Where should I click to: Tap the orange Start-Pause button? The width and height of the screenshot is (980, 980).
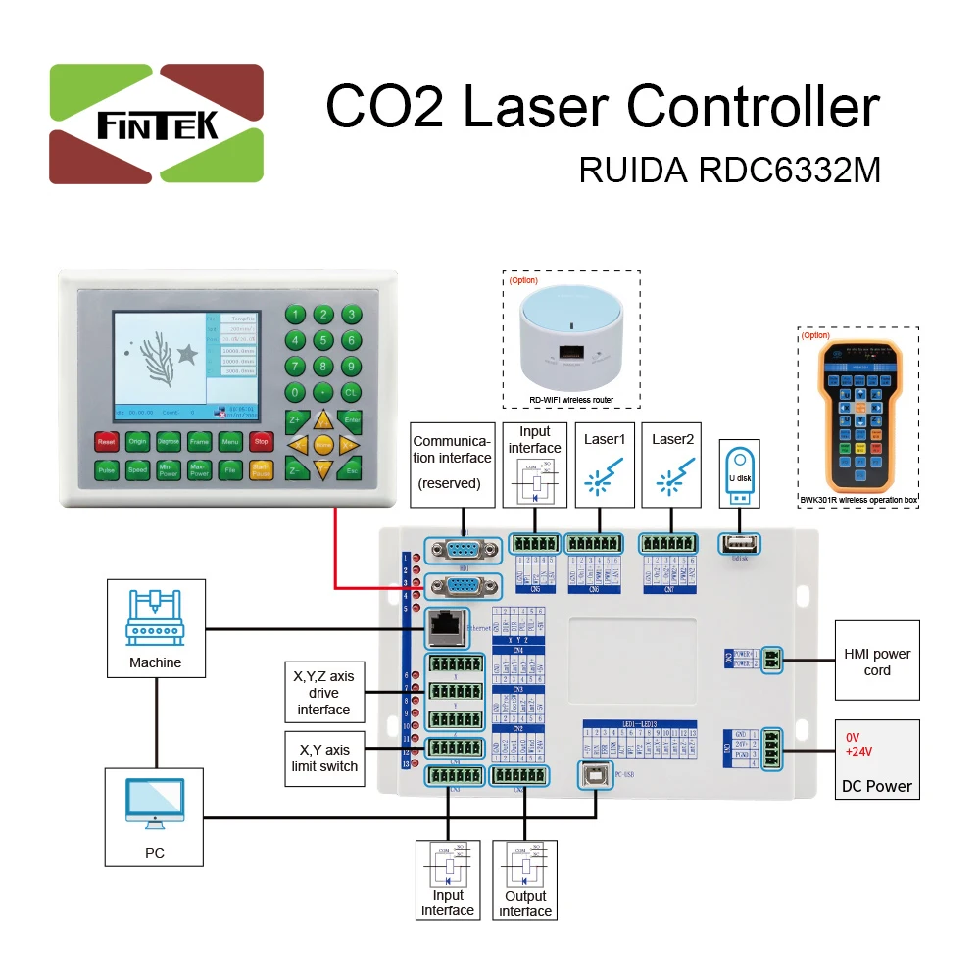(x=261, y=470)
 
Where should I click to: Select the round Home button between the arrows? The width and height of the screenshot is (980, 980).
(x=322, y=444)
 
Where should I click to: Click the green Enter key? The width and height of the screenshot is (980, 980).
(x=353, y=419)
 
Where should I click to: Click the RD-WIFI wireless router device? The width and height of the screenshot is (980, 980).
(x=570, y=338)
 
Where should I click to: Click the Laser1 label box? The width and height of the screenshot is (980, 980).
(x=605, y=464)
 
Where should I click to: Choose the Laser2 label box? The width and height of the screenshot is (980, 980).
(x=673, y=464)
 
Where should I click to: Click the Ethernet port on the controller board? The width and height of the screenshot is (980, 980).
(x=444, y=621)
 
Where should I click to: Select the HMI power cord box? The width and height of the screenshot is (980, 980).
(x=876, y=661)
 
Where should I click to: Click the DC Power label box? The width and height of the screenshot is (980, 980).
(x=876, y=759)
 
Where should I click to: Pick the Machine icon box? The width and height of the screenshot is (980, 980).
(x=156, y=627)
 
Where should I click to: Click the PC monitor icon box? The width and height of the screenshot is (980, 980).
(x=155, y=816)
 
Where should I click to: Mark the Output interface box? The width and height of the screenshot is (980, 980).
(x=524, y=878)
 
